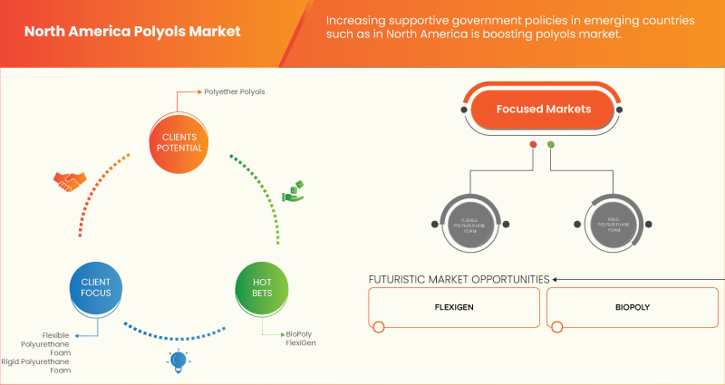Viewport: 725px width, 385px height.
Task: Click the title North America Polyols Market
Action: pos(132,31)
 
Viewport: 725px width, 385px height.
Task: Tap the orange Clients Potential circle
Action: pos(177,142)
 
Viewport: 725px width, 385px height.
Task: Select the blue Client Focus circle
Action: pos(95,289)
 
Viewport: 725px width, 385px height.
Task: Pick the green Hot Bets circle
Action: pos(261,289)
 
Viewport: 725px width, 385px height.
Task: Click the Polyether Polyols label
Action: pos(235,91)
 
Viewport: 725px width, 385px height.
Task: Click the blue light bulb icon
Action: pos(178,361)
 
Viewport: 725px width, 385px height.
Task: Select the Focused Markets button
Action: pos(543,110)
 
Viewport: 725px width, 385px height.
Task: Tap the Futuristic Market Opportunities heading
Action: pos(459,279)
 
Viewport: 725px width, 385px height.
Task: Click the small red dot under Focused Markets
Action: pos(533,144)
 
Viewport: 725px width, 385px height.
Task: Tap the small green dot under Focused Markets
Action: pos(551,144)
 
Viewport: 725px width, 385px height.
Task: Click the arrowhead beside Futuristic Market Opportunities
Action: pos(556,279)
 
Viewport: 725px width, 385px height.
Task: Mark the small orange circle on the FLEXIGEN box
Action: pos(379,326)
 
